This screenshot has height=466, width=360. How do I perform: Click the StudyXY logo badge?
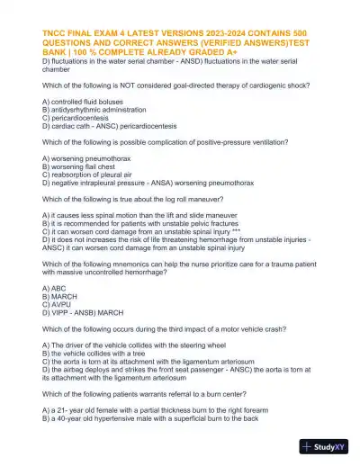pyautogui.click(x=327, y=446)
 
